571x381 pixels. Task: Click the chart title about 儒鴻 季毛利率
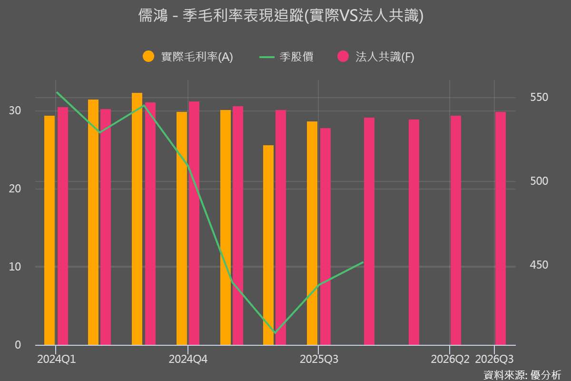(280, 16)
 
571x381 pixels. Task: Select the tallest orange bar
(137, 219)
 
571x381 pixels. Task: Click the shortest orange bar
(268, 245)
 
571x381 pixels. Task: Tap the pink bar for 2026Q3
(500, 228)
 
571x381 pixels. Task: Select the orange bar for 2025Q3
(312, 233)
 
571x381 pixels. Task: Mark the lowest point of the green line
(275, 333)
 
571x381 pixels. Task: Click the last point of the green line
(363, 262)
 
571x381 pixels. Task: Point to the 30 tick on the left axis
(16, 110)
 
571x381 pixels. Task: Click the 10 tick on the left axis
(16, 267)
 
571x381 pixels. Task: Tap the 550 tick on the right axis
(539, 98)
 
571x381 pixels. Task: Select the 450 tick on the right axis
(539, 265)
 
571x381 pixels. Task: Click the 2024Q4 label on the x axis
(188, 360)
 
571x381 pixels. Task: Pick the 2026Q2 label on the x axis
(450, 360)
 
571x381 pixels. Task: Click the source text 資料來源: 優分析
(522, 374)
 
